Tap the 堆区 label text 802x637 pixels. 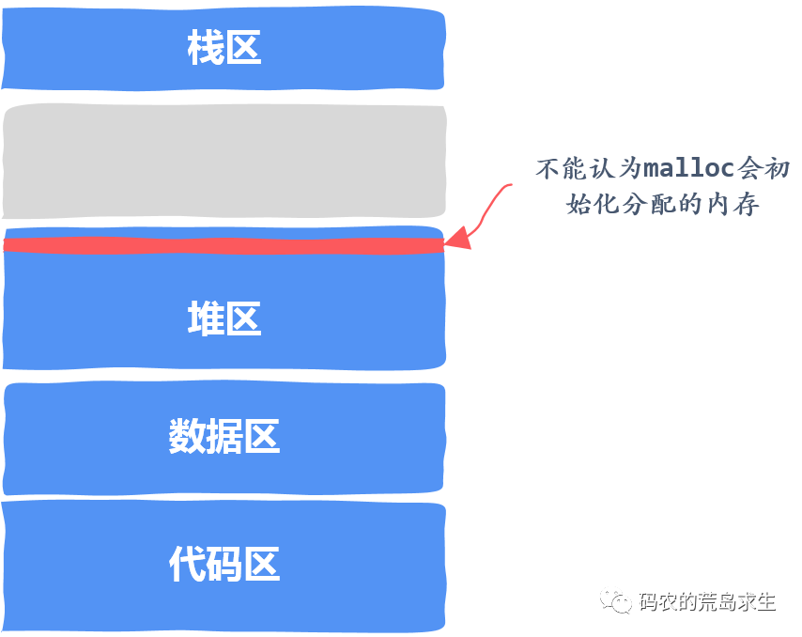pyautogui.click(x=224, y=319)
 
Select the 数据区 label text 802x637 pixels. pyautogui.click(x=224, y=437)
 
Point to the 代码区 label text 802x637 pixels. pyautogui.click(x=224, y=565)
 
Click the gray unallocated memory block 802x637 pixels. pyautogui.click(x=224, y=162)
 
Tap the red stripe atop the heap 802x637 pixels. pyautogui.click(x=224, y=244)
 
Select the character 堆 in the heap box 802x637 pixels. pyautogui.click(x=205, y=319)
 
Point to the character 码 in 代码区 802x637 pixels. pyautogui.click(x=224, y=565)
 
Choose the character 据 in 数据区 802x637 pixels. pyautogui.click(x=224, y=437)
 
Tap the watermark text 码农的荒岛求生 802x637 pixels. pyautogui.click(x=706, y=602)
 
